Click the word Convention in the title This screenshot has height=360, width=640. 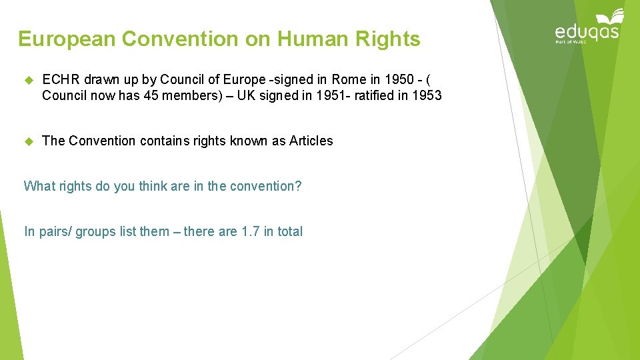tap(178, 39)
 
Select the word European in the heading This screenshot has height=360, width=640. tap(67, 39)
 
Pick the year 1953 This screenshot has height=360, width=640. tap(427, 95)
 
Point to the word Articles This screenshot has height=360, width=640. tap(311, 141)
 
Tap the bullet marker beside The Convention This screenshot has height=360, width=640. tap(28, 141)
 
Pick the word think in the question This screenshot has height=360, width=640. tap(153, 186)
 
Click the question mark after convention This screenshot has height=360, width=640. tap(298, 186)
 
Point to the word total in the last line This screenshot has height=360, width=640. tap(289, 231)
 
